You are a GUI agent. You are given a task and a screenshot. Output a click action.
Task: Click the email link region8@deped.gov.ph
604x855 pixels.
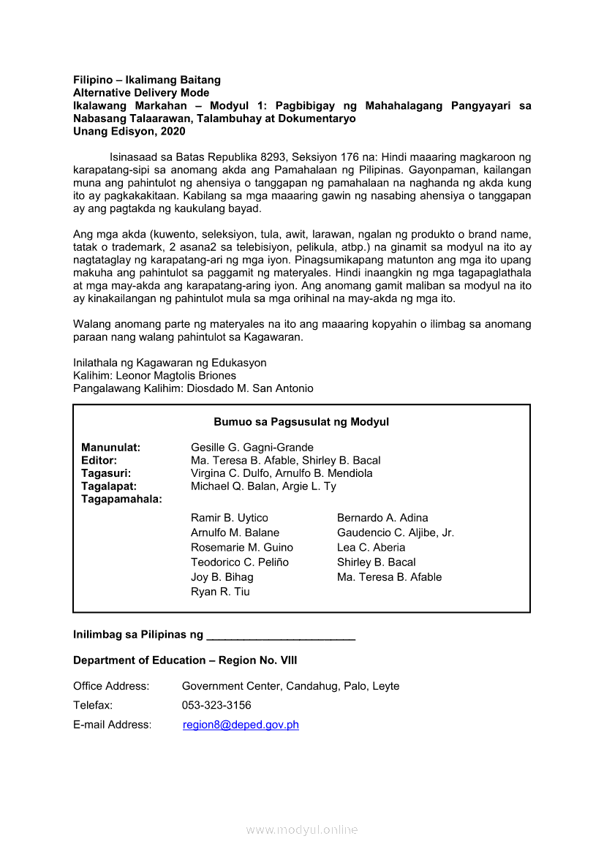(x=241, y=725)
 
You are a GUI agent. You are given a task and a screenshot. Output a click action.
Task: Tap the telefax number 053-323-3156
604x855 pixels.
(x=216, y=705)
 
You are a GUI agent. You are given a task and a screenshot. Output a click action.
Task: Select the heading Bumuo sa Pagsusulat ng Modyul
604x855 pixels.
(x=301, y=422)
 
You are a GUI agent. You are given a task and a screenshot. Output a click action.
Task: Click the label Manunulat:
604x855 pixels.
(x=110, y=447)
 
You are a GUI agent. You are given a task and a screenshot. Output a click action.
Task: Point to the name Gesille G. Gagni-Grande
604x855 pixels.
(x=252, y=447)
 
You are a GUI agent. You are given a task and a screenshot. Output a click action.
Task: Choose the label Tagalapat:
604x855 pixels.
(x=109, y=486)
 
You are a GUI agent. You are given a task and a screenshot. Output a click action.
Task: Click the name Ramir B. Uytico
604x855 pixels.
(x=230, y=518)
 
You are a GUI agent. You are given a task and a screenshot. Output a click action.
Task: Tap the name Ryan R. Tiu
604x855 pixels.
(x=220, y=592)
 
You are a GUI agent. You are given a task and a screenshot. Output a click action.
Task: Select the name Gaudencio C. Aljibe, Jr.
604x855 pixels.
(x=395, y=532)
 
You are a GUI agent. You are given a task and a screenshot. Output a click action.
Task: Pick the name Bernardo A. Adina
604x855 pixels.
(x=382, y=518)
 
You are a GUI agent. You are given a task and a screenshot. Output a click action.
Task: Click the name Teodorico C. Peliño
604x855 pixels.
(x=240, y=562)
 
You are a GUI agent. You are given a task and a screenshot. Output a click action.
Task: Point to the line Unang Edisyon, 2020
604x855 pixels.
(x=129, y=132)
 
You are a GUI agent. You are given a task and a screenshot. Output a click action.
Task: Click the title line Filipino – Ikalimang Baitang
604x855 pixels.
(x=147, y=80)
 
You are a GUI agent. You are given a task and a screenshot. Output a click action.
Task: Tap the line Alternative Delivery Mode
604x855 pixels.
(x=141, y=93)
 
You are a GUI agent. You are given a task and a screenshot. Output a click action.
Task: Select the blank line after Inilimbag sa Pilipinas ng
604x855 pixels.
(x=281, y=636)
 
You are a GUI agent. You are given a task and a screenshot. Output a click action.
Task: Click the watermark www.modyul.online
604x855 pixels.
(x=302, y=830)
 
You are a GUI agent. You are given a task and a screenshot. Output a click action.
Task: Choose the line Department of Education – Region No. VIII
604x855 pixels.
(x=185, y=660)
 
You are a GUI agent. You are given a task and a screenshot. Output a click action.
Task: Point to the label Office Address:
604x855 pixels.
(x=111, y=686)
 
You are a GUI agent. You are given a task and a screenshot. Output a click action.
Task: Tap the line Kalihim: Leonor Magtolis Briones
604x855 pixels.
(x=154, y=375)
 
